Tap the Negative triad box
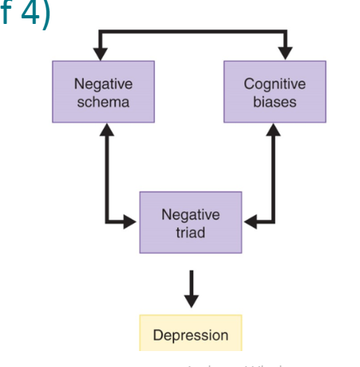click(x=190, y=223)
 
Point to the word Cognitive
click(x=271, y=83)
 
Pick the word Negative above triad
click(x=190, y=215)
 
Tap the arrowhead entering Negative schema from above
click(x=100, y=55)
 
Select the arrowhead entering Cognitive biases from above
click(x=284, y=55)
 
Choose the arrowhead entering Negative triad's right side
click(x=248, y=222)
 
